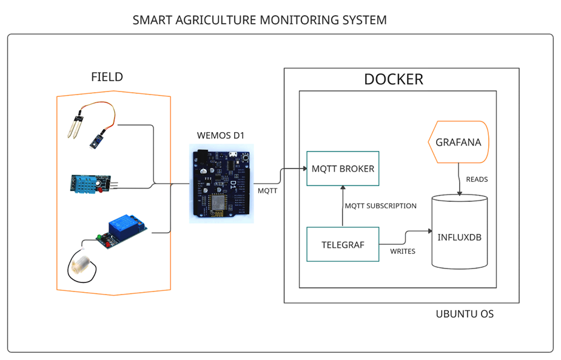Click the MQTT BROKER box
(x=343, y=168)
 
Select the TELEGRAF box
(x=343, y=244)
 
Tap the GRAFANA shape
(x=459, y=142)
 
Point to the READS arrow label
(x=477, y=179)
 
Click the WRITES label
(x=403, y=251)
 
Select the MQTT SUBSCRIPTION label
(x=381, y=206)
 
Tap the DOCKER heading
(x=393, y=79)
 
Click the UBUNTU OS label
(x=465, y=314)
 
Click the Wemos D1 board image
(x=221, y=184)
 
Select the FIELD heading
(x=107, y=77)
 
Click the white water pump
(x=81, y=265)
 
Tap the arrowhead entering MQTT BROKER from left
(x=303, y=168)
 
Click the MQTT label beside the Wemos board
(x=267, y=190)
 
